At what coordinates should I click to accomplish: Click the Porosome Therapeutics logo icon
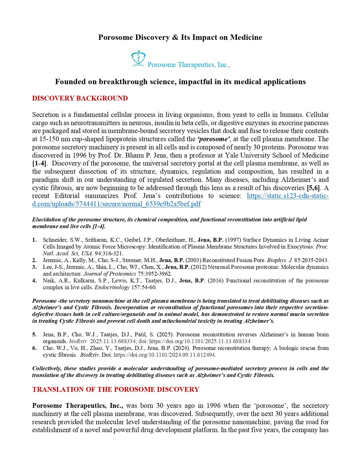pos(138,58)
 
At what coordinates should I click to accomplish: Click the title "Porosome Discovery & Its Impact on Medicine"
pos(180,37)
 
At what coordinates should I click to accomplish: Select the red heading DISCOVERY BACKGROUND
pos(80,98)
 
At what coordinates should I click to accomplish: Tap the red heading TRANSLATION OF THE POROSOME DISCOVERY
pos(116,389)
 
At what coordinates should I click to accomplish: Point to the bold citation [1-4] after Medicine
pos(39,163)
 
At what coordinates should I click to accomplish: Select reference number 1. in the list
pos(34,240)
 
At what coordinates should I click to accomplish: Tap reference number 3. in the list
pos(34,267)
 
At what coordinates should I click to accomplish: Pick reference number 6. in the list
pos(34,348)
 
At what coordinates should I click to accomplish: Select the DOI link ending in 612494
pos(164,355)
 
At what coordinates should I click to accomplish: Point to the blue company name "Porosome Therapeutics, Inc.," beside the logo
pos(189,65)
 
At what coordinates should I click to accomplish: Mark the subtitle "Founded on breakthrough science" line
pos(180,82)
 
